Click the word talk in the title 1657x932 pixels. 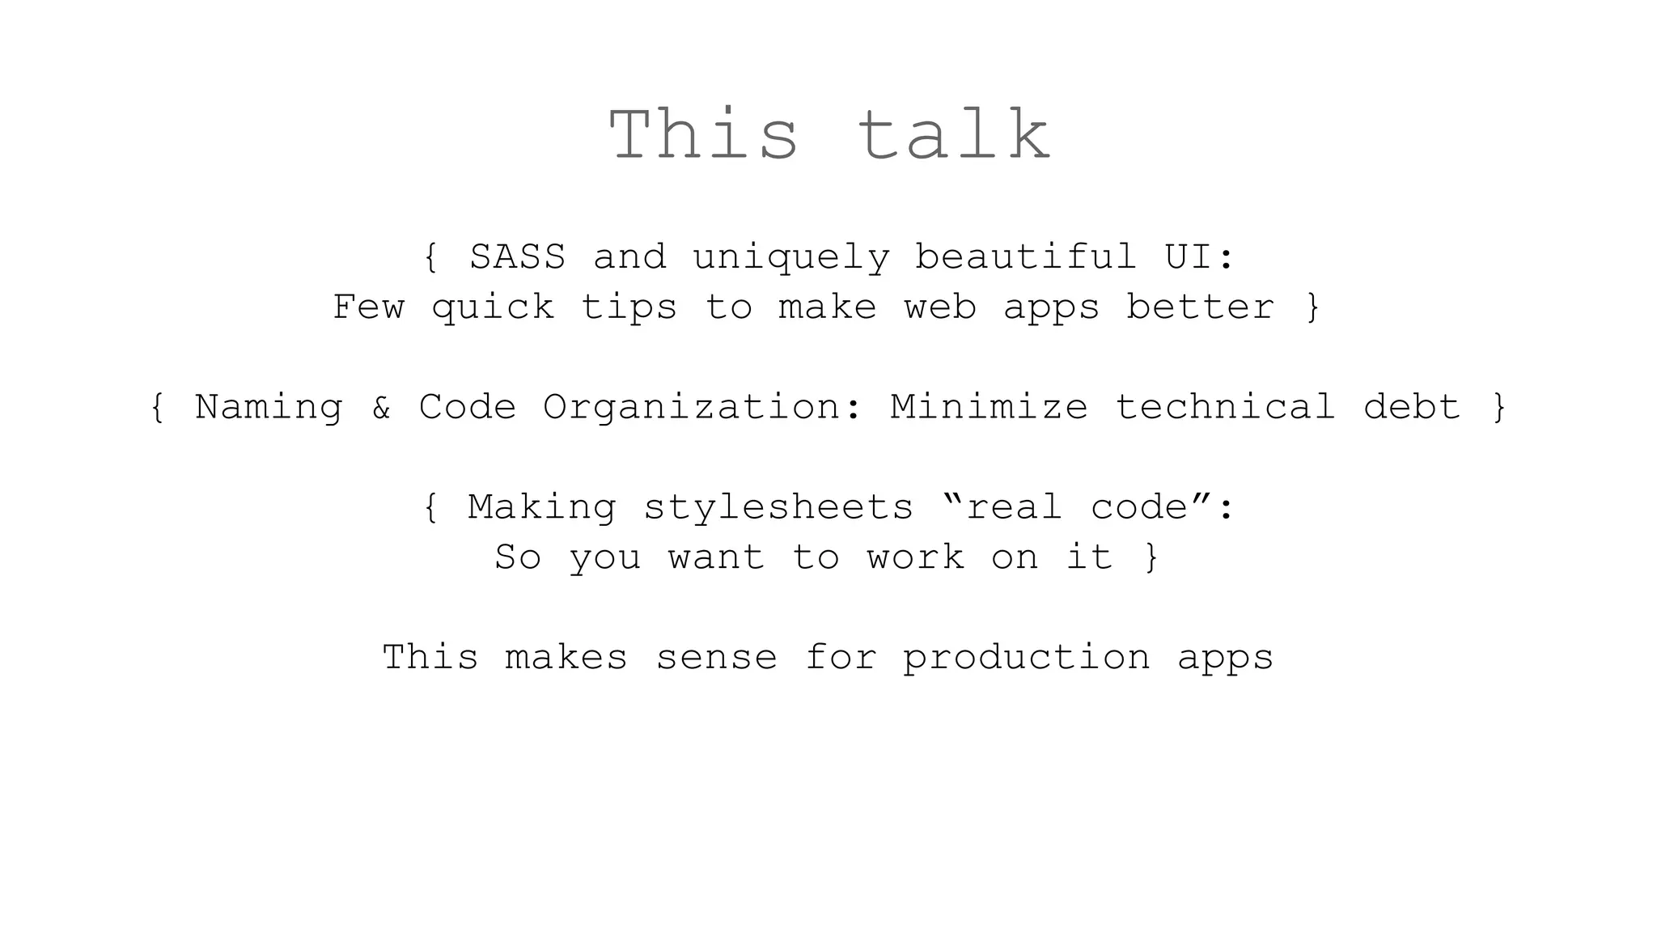pyautogui.click(x=955, y=136)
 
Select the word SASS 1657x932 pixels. pyautogui.click(x=517, y=257)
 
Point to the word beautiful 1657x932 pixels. pyautogui.click(x=1026, y=257)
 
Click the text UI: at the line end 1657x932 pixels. pyautogui.click(x=1199, y=257)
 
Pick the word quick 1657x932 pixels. pyautogui.click(x=493, y=308)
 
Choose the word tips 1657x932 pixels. pyautogui.click(x=629, y=308)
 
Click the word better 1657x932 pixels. pyautogui.click(x=1200, y=307)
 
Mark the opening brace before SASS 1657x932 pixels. pyautogui.click(x=431, y=258)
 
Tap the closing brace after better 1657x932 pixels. pyautogui.click(x=1313, y=308)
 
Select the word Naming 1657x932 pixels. pyautogui.click(x=269, y=408)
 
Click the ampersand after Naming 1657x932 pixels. pyautogui.click(x=381, y=408)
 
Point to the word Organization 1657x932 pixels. pyautogui.click(x=692, y=408)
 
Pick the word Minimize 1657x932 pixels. pyautogui.click(x=989, y=407)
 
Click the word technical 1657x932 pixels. pyautogui.click(x=1225, y=407)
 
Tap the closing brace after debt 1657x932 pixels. pyautogui.click(x=1499, y=408)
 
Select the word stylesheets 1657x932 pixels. pyautogui.click(x=778, y=508)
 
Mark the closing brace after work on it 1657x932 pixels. pyautogui.click(x=1152, y=558)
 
